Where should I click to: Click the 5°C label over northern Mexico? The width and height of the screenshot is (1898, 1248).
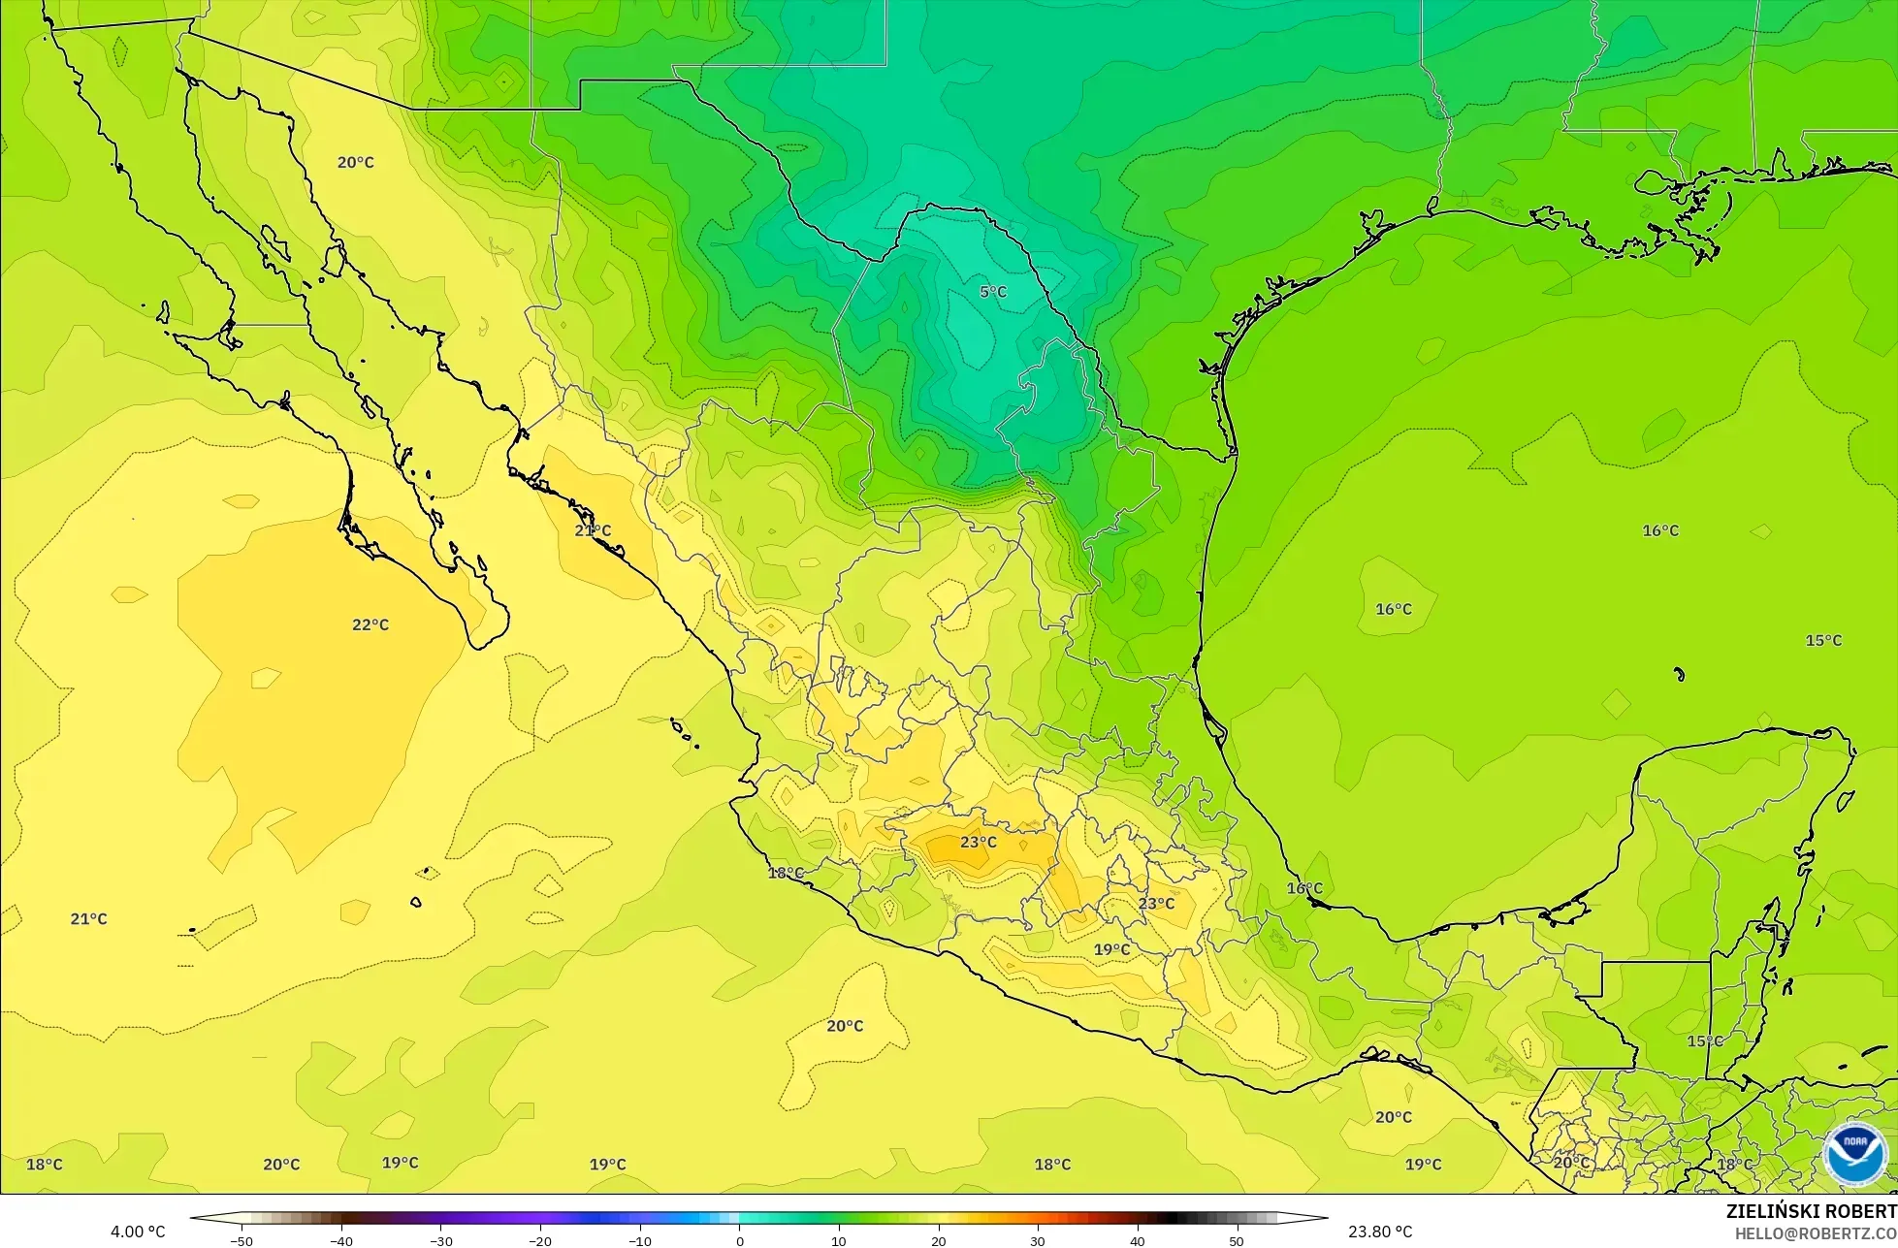[992, 292]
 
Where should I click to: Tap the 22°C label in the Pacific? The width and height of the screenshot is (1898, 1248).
[370, 624]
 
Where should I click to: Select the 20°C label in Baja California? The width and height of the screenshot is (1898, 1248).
[356, 162]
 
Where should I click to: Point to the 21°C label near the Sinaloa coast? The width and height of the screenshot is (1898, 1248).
[593, 530]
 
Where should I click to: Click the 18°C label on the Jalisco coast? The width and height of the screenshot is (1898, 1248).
[786, 873]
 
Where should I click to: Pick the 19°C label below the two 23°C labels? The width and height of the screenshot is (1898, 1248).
[1111, 949]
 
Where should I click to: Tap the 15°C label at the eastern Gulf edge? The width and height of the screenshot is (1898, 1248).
[1823, 640]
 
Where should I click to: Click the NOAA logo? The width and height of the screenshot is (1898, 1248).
[1854, 1155]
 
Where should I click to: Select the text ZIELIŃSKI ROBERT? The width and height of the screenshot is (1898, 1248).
[1811, 1212]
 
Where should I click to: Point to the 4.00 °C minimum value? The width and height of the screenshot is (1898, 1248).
[138, 1232]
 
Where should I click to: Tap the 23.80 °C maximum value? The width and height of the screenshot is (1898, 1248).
[1380, 1232]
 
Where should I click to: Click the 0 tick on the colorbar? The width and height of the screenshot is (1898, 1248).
[739, 1240]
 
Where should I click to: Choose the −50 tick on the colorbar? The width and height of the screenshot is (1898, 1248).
[241, 1240]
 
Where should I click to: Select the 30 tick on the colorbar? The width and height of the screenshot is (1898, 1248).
[1037, 1240]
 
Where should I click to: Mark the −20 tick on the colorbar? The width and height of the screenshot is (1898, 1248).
[539, 1240]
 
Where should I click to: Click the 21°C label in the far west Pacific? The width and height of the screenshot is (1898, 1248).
[88, 918]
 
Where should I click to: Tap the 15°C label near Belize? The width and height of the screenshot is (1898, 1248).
[1705, 1040]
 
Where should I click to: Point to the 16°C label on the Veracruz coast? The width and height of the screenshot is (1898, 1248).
[1304, 888]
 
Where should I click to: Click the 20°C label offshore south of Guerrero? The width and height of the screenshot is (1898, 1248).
[845, 1026]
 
